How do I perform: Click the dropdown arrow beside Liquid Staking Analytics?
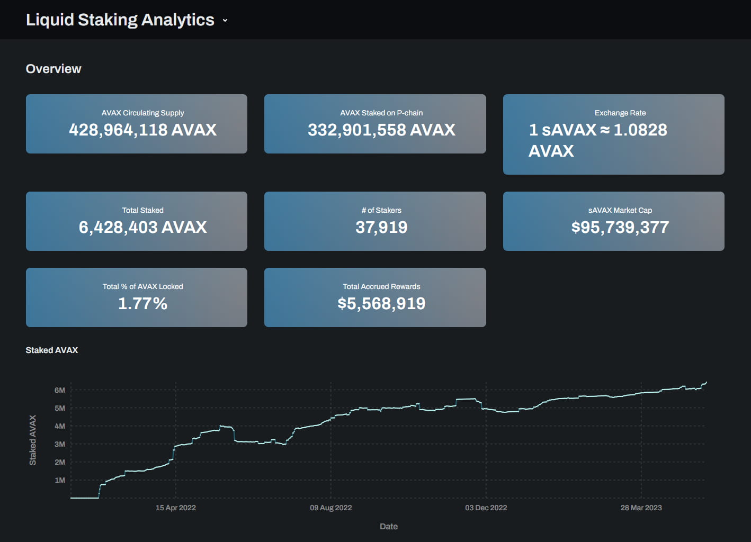pos(225,21)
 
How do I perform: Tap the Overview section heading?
pos(53,69)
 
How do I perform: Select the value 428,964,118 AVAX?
pos(142,130)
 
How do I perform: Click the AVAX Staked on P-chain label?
pos(381,113)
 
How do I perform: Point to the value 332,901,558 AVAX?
pos(381,130)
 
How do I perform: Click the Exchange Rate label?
pos(620,113)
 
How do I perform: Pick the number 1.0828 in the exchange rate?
pos(640,130)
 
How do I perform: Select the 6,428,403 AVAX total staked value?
pos(142,227)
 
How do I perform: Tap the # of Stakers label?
pos(381,210)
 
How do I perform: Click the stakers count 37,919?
pos(381,227)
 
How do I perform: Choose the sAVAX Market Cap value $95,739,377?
pos(620,227)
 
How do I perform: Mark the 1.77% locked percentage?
pos(142,303)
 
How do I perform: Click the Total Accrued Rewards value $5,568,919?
pos(381,303)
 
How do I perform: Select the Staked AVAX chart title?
pos(52,350)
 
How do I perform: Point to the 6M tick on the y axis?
pos(60,390)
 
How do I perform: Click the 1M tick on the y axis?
pos(60,480)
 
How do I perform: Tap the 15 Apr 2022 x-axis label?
pos(175,508)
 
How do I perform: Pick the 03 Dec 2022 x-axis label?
pos(486,508)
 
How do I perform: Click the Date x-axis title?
pos(388,526)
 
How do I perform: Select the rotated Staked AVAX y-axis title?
pos(33,440)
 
